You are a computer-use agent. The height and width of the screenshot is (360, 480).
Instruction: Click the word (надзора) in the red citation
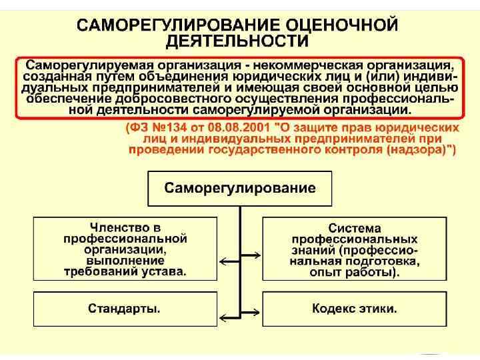421,150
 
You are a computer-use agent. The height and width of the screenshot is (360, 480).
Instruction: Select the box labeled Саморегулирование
240,188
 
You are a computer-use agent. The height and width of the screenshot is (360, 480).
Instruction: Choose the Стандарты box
125,309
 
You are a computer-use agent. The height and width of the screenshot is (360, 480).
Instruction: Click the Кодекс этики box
355,309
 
